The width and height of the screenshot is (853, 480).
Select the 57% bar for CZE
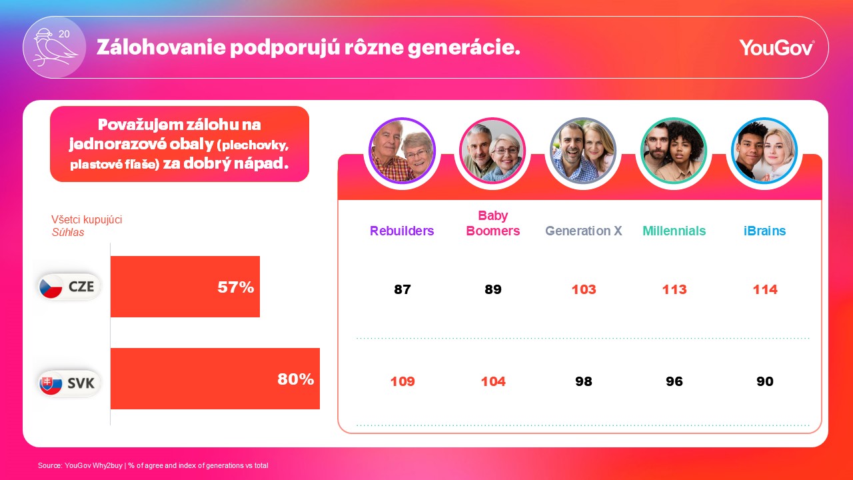tap(185, 287)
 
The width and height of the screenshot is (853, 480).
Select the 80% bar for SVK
tap(215, 379)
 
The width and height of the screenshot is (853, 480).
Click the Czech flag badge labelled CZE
tap(69, 287)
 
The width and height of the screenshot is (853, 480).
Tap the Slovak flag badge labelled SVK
tap(69, 383)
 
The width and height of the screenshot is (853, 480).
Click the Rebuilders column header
tap(402, 231)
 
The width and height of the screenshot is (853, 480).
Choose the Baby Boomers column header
tap(492, 223)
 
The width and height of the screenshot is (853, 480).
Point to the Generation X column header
tap(583, 231)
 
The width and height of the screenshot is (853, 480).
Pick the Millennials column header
tap(674, 231)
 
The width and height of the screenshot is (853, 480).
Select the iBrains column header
tap(764, 231)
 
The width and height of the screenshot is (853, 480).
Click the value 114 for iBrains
tap(764, 289)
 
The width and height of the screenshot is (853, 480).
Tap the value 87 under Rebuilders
tap(402, 289)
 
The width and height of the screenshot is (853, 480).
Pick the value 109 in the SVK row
tap(402, 381)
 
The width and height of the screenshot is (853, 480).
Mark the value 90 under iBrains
tap(764, 381)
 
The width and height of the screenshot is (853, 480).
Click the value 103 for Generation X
tap(583, 289)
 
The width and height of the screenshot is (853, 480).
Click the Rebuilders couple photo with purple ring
tap(402, 151)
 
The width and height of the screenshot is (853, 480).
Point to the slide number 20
tap(64, 33)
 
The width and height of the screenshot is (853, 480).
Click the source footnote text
tap(153, 465)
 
